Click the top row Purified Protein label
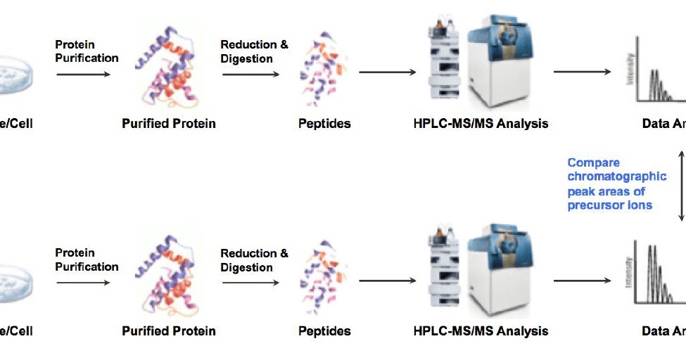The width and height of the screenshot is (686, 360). pos(169,124)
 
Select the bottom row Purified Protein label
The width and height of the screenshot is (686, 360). pos(169,330)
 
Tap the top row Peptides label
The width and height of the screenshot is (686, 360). pos(324,124)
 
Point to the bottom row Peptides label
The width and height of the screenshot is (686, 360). pos(324,330)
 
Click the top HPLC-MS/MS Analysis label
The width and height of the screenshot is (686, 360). pos(481,124)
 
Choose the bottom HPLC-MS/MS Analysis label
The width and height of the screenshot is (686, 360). pos(481,330)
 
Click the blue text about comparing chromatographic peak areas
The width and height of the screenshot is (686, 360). pos(616,184)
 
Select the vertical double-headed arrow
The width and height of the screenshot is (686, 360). pos(681,184)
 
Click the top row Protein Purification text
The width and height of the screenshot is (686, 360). pos(87,51)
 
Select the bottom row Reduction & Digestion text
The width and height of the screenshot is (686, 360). pos(254,260)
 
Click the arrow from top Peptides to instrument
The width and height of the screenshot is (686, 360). pos(386,72)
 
